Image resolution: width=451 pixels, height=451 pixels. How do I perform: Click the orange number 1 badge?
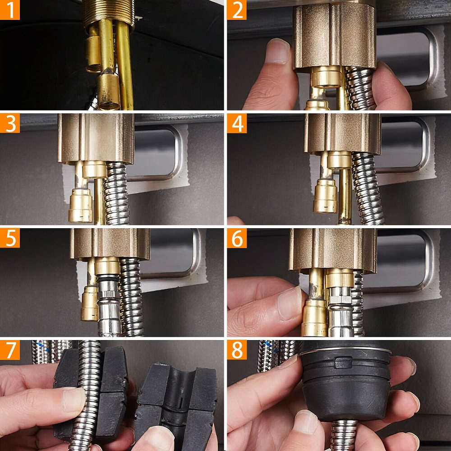tap(10, 10)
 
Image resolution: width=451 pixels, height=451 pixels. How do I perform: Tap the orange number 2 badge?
tap(237, 10)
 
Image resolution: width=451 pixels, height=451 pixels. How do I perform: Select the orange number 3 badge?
tap(10, 123)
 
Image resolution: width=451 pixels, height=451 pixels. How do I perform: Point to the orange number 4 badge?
tap(237, 123)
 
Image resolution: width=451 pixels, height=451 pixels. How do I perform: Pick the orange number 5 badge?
tap(10, 238)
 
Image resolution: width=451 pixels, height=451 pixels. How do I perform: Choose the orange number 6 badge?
tap(237, 238)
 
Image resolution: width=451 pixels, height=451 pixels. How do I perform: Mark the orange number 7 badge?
tap(10, 350)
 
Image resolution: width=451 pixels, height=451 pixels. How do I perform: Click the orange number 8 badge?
tap(237, 350)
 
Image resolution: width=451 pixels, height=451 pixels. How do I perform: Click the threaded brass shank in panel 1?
tap(109, 13)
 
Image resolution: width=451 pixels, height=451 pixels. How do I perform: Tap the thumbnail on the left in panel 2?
tap(277, 51)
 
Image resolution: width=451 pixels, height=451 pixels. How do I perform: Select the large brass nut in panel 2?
tap(335, 36)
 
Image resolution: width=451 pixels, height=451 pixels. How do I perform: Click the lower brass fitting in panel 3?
tap(81, 205)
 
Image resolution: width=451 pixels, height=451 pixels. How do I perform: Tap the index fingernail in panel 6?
tap(289, 304)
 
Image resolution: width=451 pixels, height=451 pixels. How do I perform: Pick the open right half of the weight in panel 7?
tap(176, 403)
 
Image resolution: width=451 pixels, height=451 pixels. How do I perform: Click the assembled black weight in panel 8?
tap(346, 381)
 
